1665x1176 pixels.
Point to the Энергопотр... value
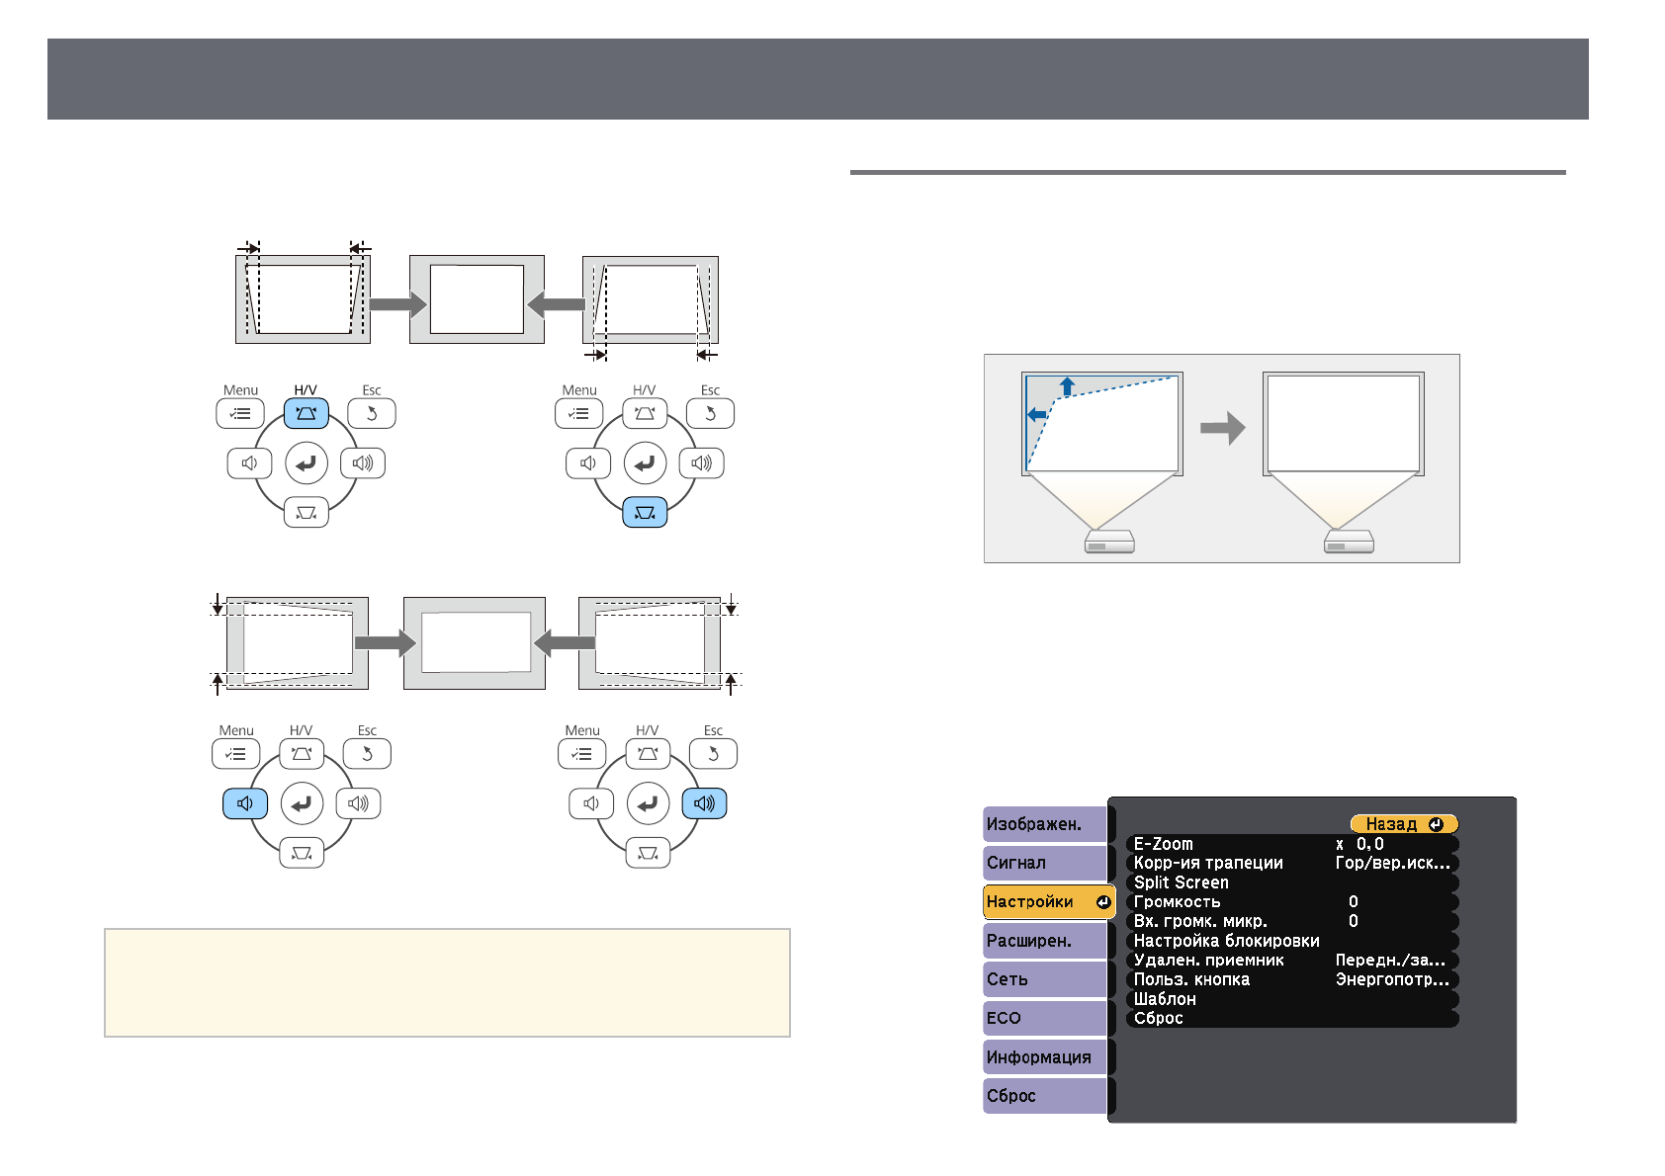(x=1392, y=979)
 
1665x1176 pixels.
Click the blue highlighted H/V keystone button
(x=307, y=413)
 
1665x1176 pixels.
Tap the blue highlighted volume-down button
(x=245, y=803)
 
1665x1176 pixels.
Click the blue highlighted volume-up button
(x=704, y=803)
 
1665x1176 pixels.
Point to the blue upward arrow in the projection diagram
(x=1067, y=386)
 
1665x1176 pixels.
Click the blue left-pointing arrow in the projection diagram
(x=1036, y=415)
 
